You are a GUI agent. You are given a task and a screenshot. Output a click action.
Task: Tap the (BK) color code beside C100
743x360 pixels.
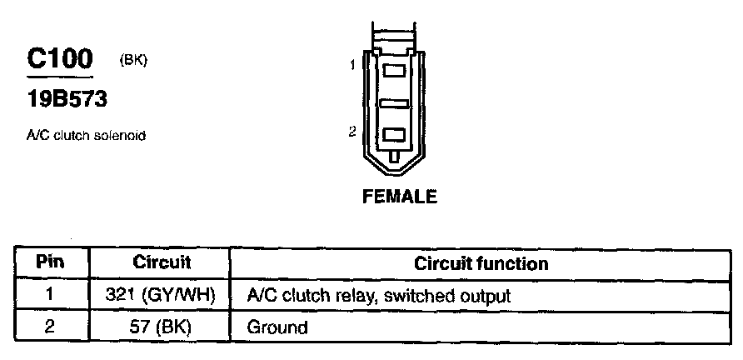pyautogui.click(x=133, y=60)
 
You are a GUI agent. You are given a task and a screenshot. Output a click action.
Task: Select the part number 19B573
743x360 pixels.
pyautogui.click(x=67, y=100)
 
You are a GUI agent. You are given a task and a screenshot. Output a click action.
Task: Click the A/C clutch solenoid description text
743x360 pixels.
pyautogui.click(x=87, y=135)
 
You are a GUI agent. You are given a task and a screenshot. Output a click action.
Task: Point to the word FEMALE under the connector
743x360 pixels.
pyautogui.click(x=400, y=197)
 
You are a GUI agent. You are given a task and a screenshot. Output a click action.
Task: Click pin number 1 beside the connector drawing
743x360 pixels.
pyautogui.click(x=353, y=65)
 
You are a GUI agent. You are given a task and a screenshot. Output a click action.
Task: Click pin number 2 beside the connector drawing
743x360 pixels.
pyautogui.click(x=352, y=131)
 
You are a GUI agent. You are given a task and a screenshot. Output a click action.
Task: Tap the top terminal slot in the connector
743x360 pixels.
pyautogui.click(x=393, y=72)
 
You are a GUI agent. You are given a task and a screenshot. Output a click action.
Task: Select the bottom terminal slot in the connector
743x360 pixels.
pyautogui.click(x=393, y=134)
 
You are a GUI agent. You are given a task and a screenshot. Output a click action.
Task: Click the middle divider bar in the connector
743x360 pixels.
pyautogui.click(x=393, y=103)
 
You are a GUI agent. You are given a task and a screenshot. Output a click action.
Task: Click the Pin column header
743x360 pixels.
pyautogui.click(x=50, y=262)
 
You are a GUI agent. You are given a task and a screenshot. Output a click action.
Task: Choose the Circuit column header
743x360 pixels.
pyautogui.click(x=162, y=262)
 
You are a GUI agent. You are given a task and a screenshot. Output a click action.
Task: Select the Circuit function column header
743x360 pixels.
pyautogui.click(x=481, y=263)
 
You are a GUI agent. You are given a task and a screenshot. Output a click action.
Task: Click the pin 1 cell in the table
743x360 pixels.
pyautogui.click(x=50, y=295)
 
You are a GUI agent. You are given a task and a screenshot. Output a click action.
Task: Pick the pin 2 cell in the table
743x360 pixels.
pyautogui.click(x=50, y=327)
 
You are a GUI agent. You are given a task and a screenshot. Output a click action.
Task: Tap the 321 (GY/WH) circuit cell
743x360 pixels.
pyautogui.click(x=162, y=295)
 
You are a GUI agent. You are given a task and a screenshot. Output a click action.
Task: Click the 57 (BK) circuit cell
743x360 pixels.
pyautogui.click(x=162, y=327)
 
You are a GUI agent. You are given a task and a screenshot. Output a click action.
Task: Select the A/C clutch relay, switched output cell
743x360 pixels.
pyautogui.click(x=378, y=295)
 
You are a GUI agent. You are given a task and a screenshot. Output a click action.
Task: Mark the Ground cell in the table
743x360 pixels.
pyautogui.click(x=277, y=327)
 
